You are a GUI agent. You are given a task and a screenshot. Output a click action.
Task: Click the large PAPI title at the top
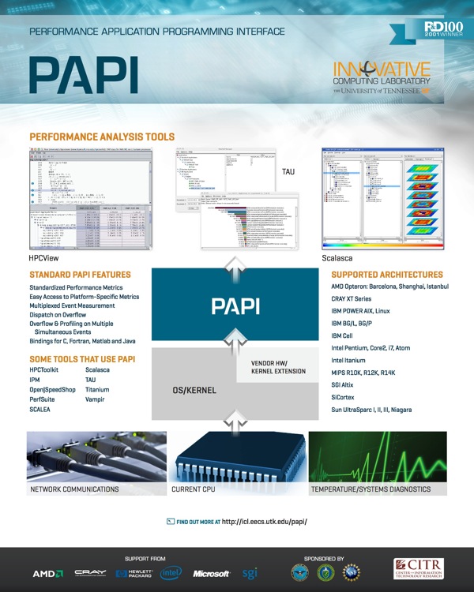coord(84,75)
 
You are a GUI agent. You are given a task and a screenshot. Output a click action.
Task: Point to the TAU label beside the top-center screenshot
coord(288,171)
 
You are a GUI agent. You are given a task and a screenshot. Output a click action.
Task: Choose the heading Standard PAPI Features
coord(80,274)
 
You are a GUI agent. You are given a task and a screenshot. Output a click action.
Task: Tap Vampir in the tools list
coord(96,400)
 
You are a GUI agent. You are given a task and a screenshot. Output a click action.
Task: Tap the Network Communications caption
coord(74,489)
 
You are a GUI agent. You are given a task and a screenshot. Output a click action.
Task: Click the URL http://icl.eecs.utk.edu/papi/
coord(264,523)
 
